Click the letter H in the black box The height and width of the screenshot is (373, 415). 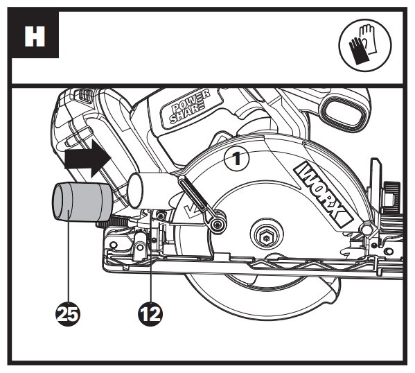(35, 36)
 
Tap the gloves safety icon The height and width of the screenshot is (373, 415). (365, 45)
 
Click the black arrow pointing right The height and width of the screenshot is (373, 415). (87, 158)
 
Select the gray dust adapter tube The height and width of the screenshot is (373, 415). (82, 202)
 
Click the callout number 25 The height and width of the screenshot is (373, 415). (68, 315)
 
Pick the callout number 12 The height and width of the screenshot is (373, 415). (150, 315)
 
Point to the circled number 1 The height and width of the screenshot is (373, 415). (237, 159)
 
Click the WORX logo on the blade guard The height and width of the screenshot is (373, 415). (324, 193)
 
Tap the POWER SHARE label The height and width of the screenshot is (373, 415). (190, 110)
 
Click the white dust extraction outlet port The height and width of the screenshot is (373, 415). (138, 190)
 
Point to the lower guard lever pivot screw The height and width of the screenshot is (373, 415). (218, 225)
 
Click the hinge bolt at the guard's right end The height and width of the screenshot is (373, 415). (367, 227)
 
